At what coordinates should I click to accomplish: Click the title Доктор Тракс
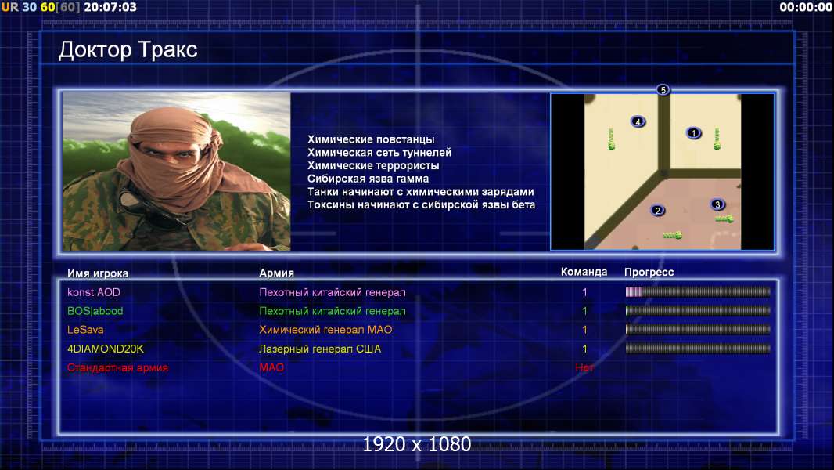(x=128, y=50)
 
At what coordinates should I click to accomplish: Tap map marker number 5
(x=663, y=89)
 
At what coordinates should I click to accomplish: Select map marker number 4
(x=638, y=121)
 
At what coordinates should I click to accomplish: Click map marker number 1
(x=694, y=132)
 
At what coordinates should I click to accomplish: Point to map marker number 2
(x=658, y=210)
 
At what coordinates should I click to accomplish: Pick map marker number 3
(x=717, y=204)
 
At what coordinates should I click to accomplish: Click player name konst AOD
(x=94, y=292)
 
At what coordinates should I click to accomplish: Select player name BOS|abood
(x=95, y=311)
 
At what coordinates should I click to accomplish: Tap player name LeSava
(x=85, y=330)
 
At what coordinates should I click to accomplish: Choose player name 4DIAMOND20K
(x=106, y=349)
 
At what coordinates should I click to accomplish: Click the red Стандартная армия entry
(x=117, y=367)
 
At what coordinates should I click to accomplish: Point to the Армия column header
(x=277, y=273)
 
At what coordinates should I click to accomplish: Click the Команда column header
(x=584, y=272)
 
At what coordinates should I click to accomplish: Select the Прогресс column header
(x=649, y=272)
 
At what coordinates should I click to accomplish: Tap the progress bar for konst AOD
(x=698, y=291)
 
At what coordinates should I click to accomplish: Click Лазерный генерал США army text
(x=320, y=349)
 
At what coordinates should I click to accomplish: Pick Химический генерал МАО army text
(x=325, y=330)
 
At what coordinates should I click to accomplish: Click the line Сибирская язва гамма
(x=368, y=179)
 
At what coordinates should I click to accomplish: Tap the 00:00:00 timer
(x=806, y=7)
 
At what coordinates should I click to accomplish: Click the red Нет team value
(x=584, y=367)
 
